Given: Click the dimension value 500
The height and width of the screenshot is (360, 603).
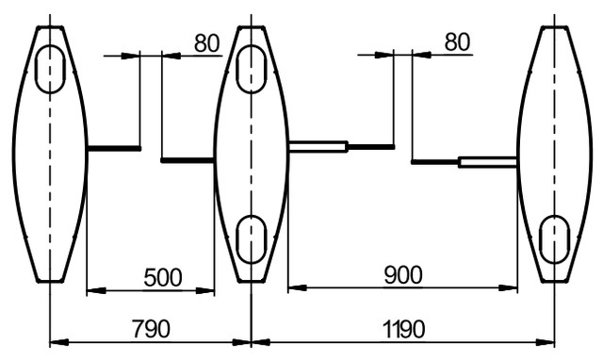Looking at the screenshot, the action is click(163, 277).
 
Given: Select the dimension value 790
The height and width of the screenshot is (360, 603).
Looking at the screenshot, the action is click(151, 329).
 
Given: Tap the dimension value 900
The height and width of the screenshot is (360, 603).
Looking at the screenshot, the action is click(403, 274).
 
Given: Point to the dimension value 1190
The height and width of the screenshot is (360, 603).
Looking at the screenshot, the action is click(404, 329).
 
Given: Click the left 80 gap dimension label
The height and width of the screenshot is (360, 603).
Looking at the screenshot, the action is click(207, 42).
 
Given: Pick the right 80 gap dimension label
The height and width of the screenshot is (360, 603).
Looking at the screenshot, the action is click(457, 41).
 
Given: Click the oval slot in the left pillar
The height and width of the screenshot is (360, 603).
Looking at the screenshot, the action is click(50, 69).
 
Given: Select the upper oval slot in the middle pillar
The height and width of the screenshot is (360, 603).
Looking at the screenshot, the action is click(252, 69).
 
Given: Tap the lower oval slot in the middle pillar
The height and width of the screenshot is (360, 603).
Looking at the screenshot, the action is click(252, 239).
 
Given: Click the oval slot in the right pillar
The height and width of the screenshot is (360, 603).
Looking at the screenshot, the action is click(554, 239).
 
